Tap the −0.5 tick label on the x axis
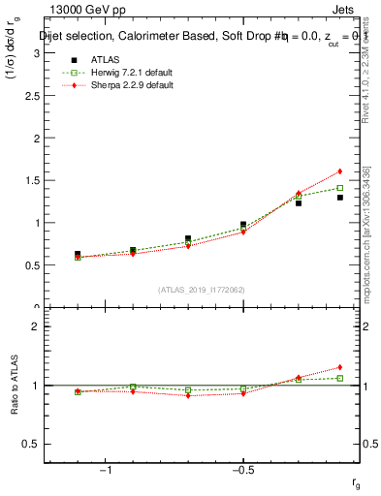coord(242,471)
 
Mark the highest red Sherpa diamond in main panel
coord(340,171)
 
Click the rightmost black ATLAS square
coord(340,198)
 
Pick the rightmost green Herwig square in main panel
coord(340,188)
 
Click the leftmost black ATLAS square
coord(78,254)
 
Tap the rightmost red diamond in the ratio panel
coord(340,367)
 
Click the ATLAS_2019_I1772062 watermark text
coord(202,290)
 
